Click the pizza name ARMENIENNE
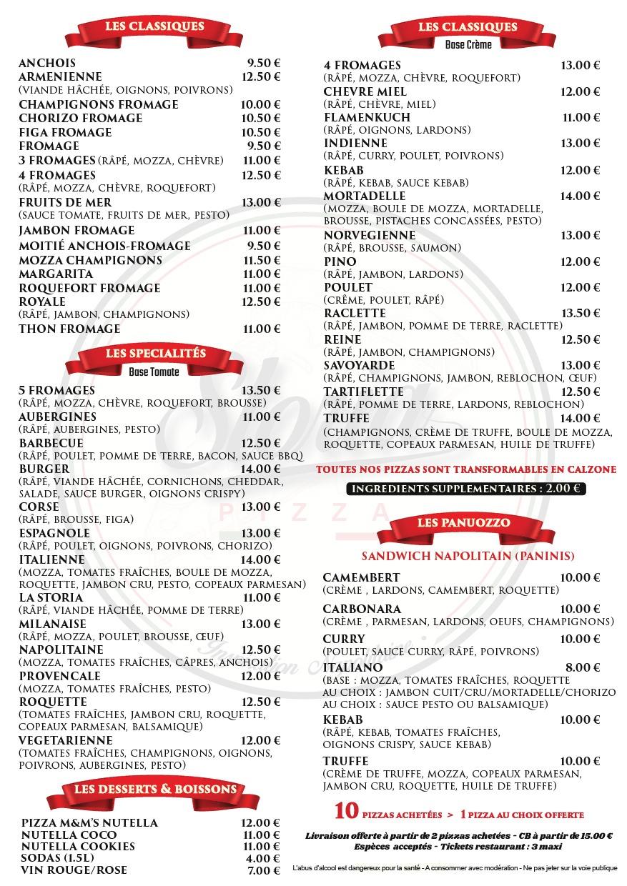tap(60, 76)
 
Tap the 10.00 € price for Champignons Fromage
tap(261, 104)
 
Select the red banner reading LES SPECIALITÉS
tap(155, 354)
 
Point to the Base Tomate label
tap(154, 372)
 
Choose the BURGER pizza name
tap(44, 469)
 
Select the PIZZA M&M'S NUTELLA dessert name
tap(89, 823)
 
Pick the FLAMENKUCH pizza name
tap(367, 117)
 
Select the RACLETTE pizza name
tap(355, 313)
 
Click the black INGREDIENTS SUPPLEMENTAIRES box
tap(466, 489)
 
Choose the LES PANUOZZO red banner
tap(464, 523)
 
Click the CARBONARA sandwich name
tap(362, 609)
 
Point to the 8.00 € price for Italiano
tap(583, 667)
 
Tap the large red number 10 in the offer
tap(346, 812)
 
